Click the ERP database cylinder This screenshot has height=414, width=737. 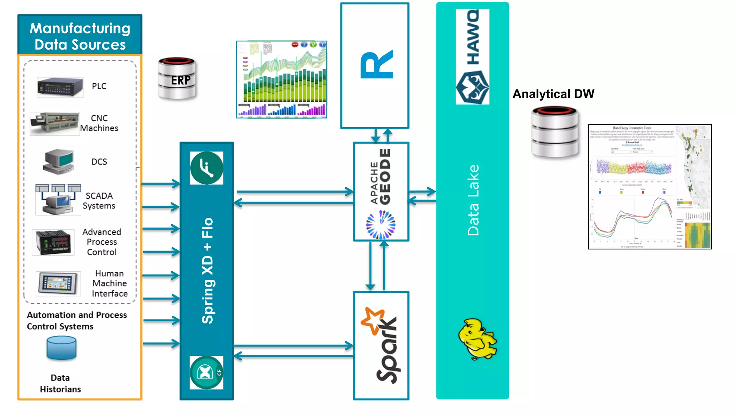pos(177,78)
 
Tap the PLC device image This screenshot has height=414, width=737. pos(60,87)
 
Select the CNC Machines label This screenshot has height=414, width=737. pos(99,123)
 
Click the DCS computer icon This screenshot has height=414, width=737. pos(59,162)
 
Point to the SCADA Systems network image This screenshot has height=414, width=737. pos(58,200)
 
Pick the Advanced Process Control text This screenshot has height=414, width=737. pos(102,242)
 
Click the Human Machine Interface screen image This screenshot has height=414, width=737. pos(58,283)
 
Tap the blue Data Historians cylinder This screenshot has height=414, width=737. pos(62,348)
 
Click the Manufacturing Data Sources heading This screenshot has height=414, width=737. pos(80,36)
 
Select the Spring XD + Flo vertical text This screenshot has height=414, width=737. pos(208,270)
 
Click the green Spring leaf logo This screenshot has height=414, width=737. pos(207,168)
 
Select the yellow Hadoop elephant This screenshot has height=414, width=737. pos(477,339)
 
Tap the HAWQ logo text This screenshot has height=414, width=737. pos(473,38)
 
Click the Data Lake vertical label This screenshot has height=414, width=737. pos(473,200)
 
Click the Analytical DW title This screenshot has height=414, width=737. pos(553,94)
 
